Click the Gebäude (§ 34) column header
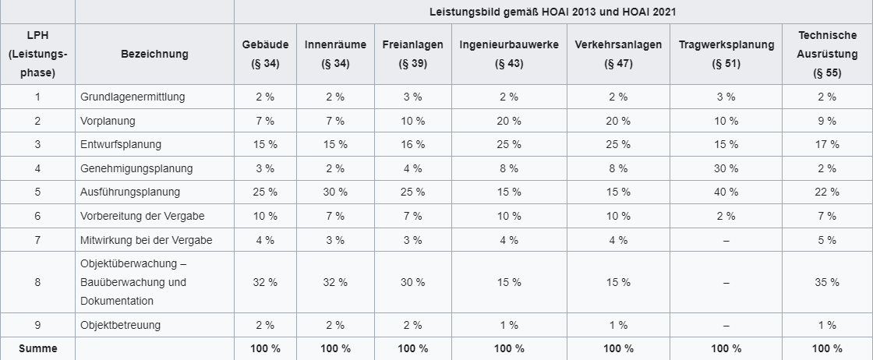265,54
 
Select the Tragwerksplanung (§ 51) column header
726,54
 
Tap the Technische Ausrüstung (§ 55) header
827,54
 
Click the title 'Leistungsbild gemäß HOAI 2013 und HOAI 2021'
553,12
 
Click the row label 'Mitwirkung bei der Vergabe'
146,240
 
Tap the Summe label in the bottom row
37,348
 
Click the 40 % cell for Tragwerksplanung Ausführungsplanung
726,192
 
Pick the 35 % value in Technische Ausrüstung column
827,282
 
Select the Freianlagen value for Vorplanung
412,121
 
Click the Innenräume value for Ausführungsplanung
335,192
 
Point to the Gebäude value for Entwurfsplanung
265,144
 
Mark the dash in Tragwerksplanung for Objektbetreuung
726,325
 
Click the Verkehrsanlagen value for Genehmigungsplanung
618,168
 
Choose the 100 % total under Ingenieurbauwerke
509,348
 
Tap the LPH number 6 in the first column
37,216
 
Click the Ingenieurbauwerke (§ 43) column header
509,54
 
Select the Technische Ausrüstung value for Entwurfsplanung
827,144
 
